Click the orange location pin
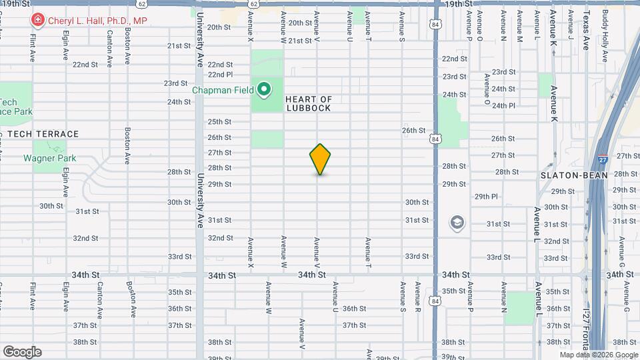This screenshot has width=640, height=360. pos(320,159)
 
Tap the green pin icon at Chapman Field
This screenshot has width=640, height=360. pos(264,88)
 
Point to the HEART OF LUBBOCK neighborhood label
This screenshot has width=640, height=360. pos(309,103)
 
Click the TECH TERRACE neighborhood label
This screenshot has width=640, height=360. pos(43,134)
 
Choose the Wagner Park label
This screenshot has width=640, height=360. pos(50,159)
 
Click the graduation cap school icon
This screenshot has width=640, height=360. pos(457,221)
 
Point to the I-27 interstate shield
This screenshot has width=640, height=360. pos(601,159)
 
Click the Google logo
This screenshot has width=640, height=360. pos(22,352)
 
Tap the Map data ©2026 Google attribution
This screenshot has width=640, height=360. pos(598,355)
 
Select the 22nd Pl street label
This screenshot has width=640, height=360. pos(220,75)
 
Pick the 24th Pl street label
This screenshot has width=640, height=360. pos(503,105)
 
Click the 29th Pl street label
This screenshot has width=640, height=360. pos(486,197)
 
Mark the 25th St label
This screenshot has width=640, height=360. pos(219,122)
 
